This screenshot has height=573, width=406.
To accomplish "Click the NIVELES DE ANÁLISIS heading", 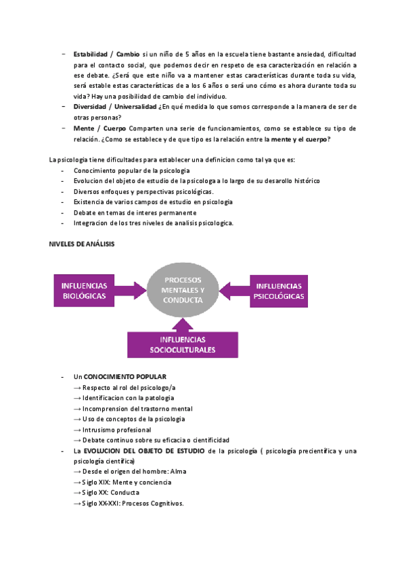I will pyautogui.click(x=82, y=244).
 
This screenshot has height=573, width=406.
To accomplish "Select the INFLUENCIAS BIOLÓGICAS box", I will pyautogui.click(x=84, y=291).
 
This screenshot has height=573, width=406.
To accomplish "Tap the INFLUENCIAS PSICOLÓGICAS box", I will pyautogui.click(x=279, y=291).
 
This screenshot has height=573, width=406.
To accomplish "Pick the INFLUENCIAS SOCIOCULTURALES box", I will pyautogui.click(x=183, y=345).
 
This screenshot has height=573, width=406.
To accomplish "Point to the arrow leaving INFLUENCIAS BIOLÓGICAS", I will pyautogui.click(x=133, y=291).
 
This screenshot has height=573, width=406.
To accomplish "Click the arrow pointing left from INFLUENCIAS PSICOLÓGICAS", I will pyautogui.click(x=233, y=291).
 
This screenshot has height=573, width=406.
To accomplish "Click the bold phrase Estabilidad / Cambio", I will pyautogui.click(x=107, y=53).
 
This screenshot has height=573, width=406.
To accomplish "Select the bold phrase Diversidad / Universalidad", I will pyautogui.click(x=114, y=107).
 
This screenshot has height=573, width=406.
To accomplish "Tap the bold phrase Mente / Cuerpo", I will pyautogui.click(x=99, y=128).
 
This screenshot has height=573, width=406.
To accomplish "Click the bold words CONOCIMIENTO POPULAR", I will pyautogui.click(x=125, y=376).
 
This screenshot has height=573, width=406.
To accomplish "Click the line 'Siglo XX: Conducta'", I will pyautogui.click(x=110, y=493).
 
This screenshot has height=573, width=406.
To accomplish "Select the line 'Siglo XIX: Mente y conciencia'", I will pyautogui.click(x=127, y=482).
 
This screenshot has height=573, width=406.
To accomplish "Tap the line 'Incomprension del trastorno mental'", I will pyautogui.click(x=137, y=409).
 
